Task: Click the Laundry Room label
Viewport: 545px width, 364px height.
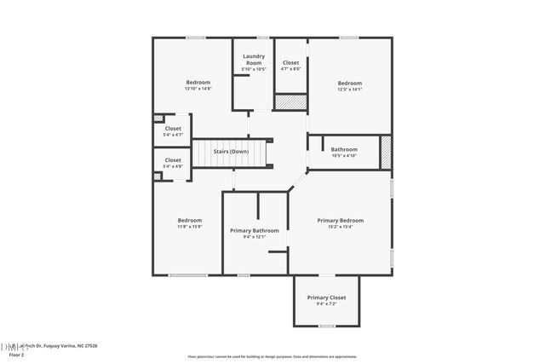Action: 254,60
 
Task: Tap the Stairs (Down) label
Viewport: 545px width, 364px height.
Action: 231,152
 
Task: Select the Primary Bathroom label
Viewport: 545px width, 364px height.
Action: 255,230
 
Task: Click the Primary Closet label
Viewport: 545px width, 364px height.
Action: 326,297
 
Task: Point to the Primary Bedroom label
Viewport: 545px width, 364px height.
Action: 341,220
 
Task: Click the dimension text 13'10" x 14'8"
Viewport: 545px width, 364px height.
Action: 198,89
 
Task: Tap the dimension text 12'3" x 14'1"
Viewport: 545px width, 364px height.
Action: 350,89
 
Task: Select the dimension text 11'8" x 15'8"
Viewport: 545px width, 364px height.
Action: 190,227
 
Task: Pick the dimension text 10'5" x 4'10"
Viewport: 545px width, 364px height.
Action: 344,156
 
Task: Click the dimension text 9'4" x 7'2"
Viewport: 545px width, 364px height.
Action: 326,303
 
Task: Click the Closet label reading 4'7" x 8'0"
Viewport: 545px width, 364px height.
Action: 290,68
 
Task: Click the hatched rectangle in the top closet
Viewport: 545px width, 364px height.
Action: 290,101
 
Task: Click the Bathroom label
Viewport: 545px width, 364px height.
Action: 344,149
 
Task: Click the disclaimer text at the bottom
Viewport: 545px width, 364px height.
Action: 272,356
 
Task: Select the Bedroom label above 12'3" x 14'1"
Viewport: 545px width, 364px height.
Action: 350,83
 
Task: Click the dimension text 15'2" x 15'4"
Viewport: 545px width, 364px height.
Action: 341,227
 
